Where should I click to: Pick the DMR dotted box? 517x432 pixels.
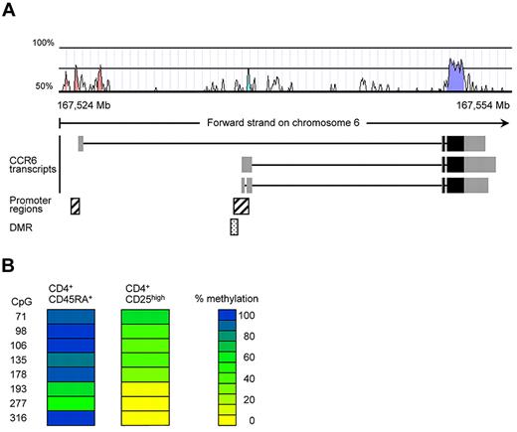coord(234,227)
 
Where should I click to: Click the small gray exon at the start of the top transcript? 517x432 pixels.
coord(81,144)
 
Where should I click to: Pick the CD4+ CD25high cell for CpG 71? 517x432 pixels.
coord(146,316)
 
